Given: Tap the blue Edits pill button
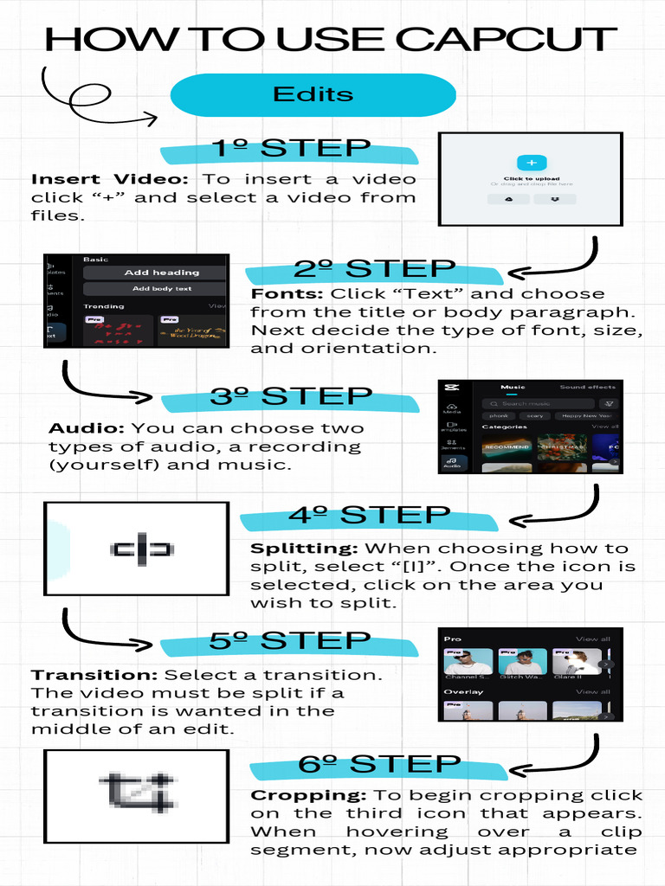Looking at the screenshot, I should [313, 94].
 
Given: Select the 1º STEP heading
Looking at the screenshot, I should [291, 149].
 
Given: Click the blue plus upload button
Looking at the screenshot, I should [531, 163].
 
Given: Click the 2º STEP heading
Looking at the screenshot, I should [374, 269].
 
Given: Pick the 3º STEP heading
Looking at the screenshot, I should [290, 397].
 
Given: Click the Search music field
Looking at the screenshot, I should [537, 403].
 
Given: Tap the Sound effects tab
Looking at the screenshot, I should [587, 387].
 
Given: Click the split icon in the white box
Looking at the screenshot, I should [142, 549].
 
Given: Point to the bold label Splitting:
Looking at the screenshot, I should [304, 549].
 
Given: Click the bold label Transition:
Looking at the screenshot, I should [94, 675].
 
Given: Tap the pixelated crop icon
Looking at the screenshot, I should [139, 789].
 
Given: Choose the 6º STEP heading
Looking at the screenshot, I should [379, 765].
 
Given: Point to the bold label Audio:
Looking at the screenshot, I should [87, 428].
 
